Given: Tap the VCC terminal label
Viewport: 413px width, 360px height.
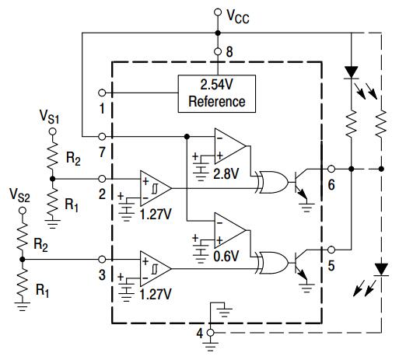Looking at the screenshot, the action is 238,16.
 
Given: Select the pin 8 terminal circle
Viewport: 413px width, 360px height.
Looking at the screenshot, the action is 218,51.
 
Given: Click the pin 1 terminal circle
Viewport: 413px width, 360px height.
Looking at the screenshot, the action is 102,93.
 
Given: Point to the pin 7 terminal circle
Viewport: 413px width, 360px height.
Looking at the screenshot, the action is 102,136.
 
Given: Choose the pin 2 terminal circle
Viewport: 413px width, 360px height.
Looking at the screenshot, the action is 102,179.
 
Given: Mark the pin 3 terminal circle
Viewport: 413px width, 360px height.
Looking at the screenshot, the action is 102,260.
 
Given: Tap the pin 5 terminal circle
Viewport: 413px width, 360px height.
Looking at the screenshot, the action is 331,250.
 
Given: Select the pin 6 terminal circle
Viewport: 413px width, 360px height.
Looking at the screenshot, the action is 331,169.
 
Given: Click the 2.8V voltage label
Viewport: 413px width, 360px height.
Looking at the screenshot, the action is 226,173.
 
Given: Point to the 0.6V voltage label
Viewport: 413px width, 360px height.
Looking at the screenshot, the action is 226,256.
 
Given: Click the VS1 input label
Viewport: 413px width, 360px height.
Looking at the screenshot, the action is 50,117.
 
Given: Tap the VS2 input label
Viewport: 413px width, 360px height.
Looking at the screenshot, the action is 19,195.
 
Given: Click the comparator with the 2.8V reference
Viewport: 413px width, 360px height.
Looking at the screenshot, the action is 230,146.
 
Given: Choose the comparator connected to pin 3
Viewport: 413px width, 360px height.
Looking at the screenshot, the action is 156,269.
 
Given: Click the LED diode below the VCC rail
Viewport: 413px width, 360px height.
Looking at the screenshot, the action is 351,72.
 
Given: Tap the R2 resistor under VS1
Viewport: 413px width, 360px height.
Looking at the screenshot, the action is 52,156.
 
